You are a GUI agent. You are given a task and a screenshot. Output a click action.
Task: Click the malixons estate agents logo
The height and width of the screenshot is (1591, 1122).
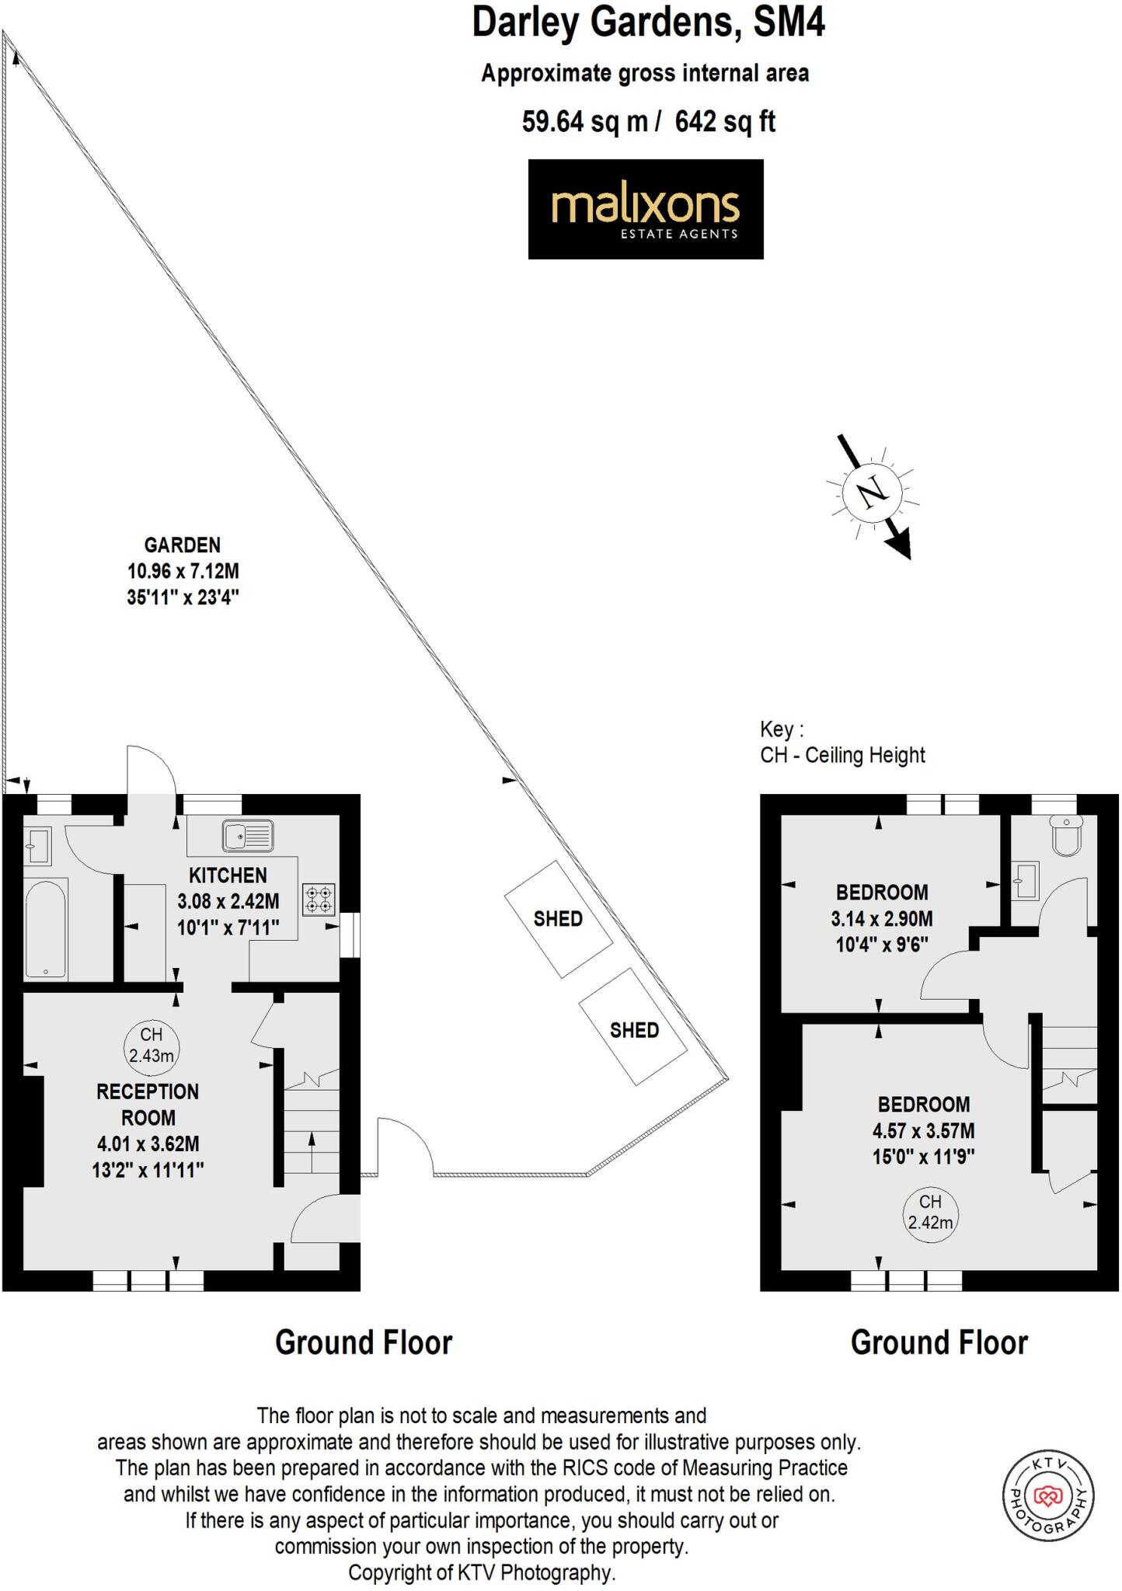click(x=645, y=209)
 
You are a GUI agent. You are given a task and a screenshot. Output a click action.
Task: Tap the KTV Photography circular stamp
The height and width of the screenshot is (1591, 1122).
click(x=1048, y=1495)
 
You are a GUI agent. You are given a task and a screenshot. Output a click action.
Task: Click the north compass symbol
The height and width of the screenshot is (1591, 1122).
click(x=872, y=492)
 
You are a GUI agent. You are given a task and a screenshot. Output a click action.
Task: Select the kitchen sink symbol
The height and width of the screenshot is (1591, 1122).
click(x=248, y=836)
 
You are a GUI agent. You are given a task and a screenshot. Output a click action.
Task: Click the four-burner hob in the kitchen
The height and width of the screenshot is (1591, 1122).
click(x=319, y=900)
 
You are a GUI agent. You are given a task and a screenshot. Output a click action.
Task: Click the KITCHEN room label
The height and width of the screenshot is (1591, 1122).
click(x=228, y=876)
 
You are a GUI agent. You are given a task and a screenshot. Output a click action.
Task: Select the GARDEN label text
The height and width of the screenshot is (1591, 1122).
click(x=183, y=545)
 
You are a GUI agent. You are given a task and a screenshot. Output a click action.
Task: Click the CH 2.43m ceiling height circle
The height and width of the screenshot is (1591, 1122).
click(x=152, y=1045)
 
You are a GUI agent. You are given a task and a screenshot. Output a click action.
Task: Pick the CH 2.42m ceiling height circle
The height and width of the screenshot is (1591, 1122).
click(x=930, y=1213)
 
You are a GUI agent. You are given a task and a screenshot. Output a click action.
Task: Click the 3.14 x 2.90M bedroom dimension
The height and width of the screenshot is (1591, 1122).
click(x=882, y=919)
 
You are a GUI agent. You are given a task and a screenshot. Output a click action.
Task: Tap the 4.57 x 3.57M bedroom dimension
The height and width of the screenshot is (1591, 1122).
click(x=923, y=1131)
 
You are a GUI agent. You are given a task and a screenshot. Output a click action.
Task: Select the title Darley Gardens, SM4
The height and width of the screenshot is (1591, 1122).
click(x=648, y=23)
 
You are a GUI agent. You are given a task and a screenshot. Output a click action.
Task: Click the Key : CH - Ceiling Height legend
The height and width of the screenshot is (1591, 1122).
click(x=842, y=743)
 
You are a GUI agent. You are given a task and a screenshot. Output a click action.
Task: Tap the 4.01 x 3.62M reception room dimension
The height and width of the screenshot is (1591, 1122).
click(x=148, y=1144)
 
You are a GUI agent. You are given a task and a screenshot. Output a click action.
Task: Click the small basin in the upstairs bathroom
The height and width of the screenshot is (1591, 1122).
click(x=1026, y=880)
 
